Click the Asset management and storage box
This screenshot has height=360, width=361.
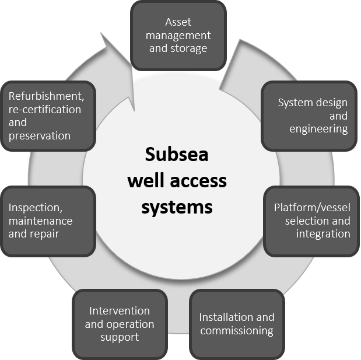click(x=178, y=35)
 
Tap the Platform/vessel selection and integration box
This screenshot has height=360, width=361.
click(x=312, y=221)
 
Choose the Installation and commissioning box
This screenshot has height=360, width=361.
click(x=236, y=324)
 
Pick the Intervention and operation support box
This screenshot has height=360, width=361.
click(x=120, y=324)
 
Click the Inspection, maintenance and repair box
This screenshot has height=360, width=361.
click(x=48, y=221)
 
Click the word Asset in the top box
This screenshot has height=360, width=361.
click(x=178, y=23)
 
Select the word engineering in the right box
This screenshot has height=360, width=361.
click(x=318, y=128)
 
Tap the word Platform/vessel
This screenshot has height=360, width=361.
click(x=312, y=208)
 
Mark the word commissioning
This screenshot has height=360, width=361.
click(x=236, y=330)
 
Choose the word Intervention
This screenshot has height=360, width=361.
click(x=119, y=311)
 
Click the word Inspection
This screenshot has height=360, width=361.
click(x=34, y=208)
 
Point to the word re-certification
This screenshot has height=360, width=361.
click(x=45, y=110)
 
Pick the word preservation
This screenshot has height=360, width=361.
click(x=40, y=135)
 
